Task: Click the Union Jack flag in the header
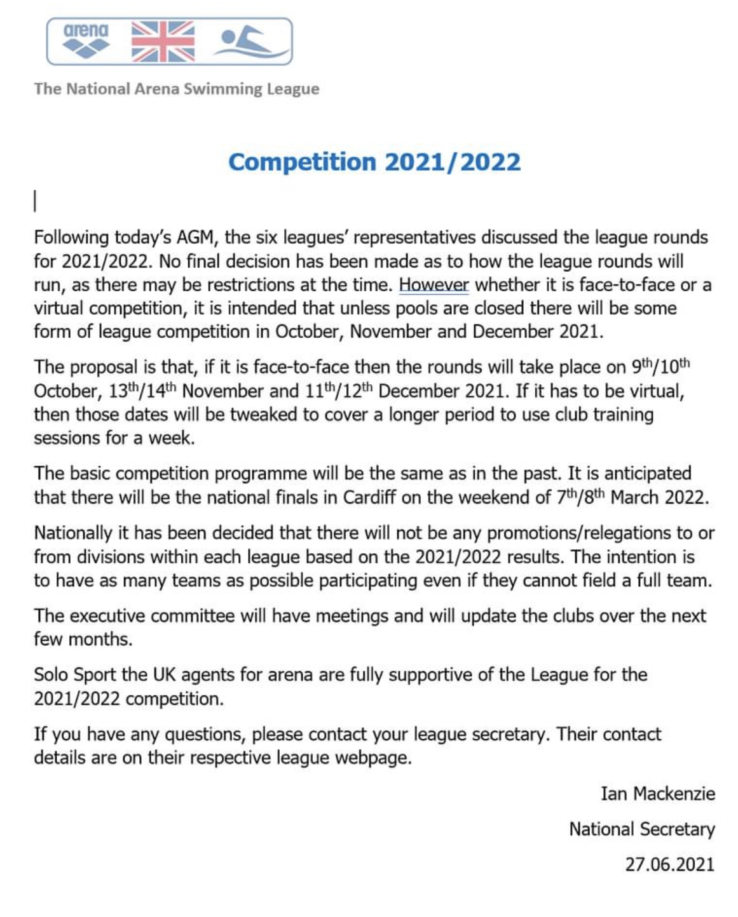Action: [x=163, y=42]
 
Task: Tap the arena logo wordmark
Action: [x=86, y=31]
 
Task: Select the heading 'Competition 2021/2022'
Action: [x=374, y=162]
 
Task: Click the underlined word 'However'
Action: [x=434, y=284]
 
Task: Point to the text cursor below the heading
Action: [x=36, y=201]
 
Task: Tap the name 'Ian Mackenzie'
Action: [x=658, y=794]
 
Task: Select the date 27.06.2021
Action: [x=670, y=864]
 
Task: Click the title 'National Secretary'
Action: [x=642, y=829]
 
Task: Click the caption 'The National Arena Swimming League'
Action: [x=177, y=89]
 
